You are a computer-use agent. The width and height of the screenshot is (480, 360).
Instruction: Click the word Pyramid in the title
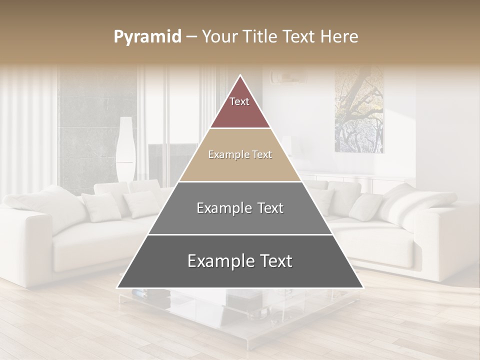click(147, 37)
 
